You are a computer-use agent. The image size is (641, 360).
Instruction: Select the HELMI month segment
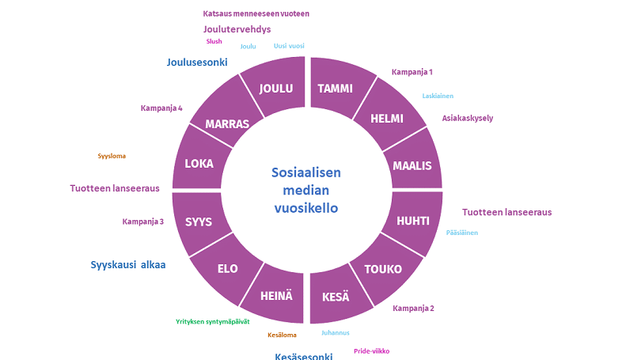[x=389, y=116]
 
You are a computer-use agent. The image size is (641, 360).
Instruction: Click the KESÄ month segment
[x=337, y=295]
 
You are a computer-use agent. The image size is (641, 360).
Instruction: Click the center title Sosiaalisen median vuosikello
[x=306, y=190]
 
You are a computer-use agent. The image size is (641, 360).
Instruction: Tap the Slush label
[x=214, y=41]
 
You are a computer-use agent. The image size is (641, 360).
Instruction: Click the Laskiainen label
[x=438, y=96]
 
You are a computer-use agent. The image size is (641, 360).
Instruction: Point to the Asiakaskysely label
[x=467, y=118]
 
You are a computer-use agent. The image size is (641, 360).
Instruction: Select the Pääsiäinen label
[x=462, y=233]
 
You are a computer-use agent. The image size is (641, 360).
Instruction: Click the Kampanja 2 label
[x=413, y=308]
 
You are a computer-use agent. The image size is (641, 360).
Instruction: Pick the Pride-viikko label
[x=372, y=351]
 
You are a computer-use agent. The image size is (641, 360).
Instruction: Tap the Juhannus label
[x=336, y=332]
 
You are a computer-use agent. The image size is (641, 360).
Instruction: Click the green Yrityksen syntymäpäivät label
[x=213, y=321]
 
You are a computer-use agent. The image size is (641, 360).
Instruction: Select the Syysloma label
[x=112, y=156]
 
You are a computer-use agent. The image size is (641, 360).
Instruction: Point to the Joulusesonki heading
[x=197, y=63]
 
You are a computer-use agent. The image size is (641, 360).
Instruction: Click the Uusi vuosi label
[x=289, y=46]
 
